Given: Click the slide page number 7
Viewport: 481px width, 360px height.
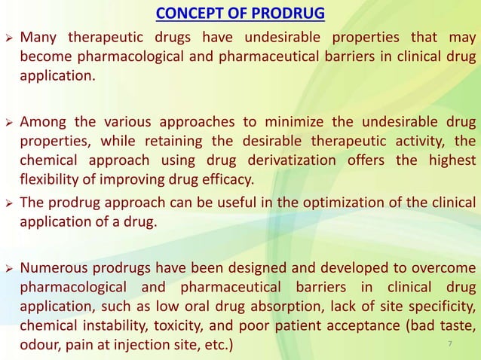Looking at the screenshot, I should (x=449, y=345).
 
